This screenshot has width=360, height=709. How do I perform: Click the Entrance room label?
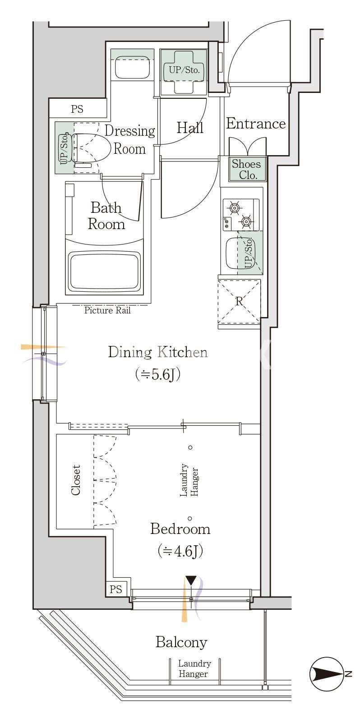tap(256, 124)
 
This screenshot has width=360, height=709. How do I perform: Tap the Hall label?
tap(190, 128)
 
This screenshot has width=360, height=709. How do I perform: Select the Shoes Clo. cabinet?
tap(248, 169)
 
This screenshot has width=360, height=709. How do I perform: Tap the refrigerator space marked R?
tap(239, 301)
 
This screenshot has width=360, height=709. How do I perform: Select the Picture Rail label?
tap(107, 310)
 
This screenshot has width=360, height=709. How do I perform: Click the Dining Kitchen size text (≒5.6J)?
tap(158, 374)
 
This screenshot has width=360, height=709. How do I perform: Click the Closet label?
tap(76, 480)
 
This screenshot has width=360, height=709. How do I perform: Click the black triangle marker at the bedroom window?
tap(191, 580)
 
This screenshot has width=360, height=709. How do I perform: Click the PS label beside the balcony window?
tap(116, 589)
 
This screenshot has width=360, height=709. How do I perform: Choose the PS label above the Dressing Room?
tap(77, 109)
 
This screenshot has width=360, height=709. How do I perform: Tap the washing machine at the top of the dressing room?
tap(133, 68)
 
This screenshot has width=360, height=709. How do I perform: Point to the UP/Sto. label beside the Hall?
tap(184, 70)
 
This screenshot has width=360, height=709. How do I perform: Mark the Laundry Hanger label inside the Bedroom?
tap(189, 480)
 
